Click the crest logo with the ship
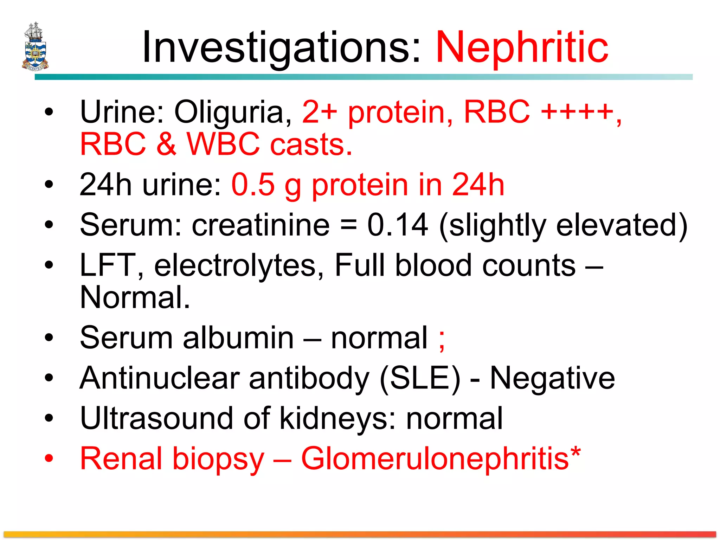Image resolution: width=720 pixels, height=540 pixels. [35, 46]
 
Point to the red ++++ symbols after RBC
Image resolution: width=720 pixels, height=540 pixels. [577, 112]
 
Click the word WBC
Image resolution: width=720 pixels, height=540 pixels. [223, 144]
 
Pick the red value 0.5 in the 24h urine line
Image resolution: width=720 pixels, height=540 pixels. [253, 185]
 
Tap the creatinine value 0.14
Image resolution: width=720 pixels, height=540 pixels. [398, 225]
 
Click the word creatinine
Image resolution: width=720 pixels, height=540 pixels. [261, 225]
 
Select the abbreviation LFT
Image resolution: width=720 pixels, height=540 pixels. [108, 265]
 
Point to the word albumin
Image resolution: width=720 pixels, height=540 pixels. [238, 338]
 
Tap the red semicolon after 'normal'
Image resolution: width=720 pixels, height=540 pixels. [442, 340]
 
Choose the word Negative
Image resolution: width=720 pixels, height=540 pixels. [552, 378]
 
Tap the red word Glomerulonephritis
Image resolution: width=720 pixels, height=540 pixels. [435, 459]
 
